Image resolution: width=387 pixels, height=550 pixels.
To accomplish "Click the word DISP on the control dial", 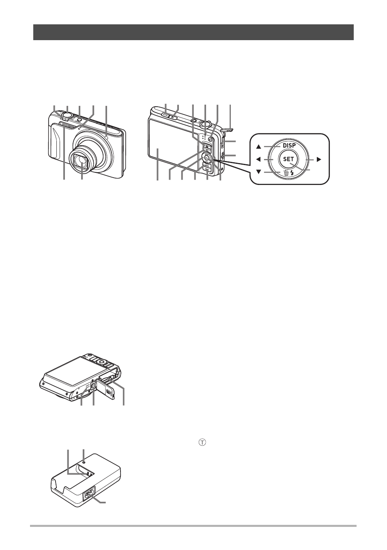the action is coord(289,145).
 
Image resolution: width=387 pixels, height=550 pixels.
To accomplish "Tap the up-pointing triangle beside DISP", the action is coord(258,147).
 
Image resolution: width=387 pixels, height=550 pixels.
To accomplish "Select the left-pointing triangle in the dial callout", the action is coord(258,159).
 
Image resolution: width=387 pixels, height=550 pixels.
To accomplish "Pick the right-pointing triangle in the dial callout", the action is coord(319,159).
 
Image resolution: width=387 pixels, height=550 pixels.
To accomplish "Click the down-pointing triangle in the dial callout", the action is coord(258,172).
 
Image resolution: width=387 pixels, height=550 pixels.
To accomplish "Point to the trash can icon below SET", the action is coord(286,173).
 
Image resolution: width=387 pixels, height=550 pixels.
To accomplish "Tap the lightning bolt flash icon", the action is coord(292,173).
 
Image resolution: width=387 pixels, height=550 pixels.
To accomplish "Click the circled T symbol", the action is coord(202,443).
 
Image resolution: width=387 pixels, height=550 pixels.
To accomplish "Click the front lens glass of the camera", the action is coord(81,161).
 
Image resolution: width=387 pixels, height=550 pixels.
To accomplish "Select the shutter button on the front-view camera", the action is coord(67,115).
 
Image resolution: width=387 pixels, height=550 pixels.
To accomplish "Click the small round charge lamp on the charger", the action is coord(84,462).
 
